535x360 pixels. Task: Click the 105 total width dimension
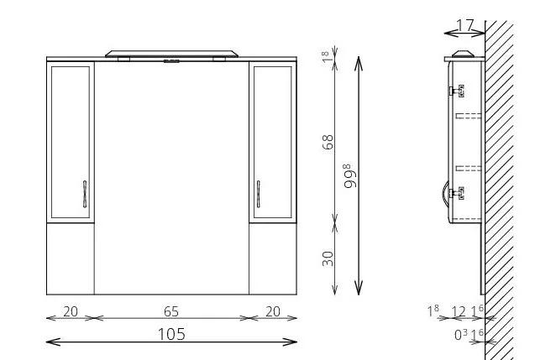coord(171,334)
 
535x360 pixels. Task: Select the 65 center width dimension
coord(171,311)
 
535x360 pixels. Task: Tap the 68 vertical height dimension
coord(328,142)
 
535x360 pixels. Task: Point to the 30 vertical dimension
coord(328,258)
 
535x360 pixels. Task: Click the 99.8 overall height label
coord(349,176)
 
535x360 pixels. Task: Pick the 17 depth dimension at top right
coord(465,25)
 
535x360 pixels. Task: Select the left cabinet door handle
coord(85,194)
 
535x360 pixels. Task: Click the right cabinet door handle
coord(259,194)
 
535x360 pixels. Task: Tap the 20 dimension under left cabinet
coord(71,311)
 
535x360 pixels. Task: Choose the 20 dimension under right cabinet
coord(273,311)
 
